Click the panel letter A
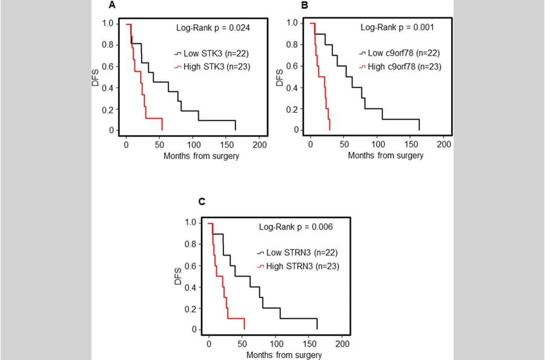pyautogui.click(x=111, y=6)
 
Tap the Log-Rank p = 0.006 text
pyautogui.click(x=294, y=227)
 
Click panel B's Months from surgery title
pyautogui.click(x=386, y=156)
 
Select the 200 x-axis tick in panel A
pyautogui.click(x=259, y=145)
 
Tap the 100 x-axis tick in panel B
pyautogui.click(x=377, y=145)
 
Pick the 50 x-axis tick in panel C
pyautogui.click(x=242, y=344)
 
